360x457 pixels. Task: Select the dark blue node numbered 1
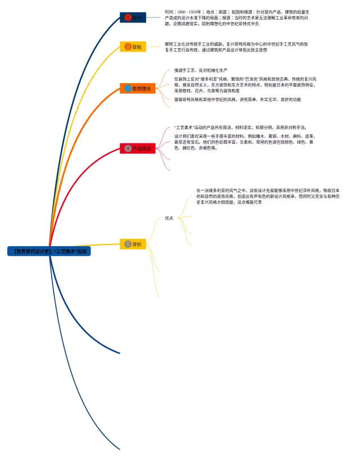pyautogui.click(x=133, y=17)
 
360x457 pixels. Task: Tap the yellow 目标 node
pyautogui.click(x=133, y=47)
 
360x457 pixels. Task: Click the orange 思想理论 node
pyautogui.click(x=137, y=88)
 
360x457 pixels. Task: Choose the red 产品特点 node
pyautogui.click(x=136, y=149)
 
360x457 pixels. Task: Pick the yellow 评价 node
pyautogui.click(x=133, y=244)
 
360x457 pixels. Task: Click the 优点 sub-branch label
pyautogui.click(x=169, y=218)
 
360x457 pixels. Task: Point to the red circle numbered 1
pyautogui.click(x=128, y=17)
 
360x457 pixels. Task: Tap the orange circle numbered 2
pyautogui.click(x=128, y=47)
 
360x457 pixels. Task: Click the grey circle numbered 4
pyautogui.click(x=128, y=149)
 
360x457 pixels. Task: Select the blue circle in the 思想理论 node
pyautogui.click(x=128, y=88)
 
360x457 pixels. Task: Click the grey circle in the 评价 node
pyautogui.click(x=128, y=244)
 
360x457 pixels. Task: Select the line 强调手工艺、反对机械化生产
pyautogui.click(x=206, y=70)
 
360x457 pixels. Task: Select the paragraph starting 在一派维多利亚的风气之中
pyautogui.click(x=268, y=196)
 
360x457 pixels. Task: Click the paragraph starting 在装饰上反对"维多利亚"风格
pyautogui.click(x=245, y=84)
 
